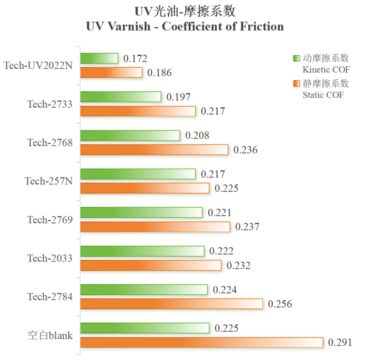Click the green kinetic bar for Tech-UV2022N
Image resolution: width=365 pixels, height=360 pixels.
[x=99, y=58]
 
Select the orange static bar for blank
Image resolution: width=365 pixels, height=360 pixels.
[x=201, y=342]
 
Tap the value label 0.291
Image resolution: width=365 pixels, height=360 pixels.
[x=340, y=342]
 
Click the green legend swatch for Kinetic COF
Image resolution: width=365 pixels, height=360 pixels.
[x=296, y=58]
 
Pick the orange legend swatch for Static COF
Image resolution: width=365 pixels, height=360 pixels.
[x=296, y=83]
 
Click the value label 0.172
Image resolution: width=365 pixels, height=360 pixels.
[x=135, y=58]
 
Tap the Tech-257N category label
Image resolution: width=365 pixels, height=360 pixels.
[x=48, y=181]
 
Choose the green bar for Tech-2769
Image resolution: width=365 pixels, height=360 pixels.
[x=141, y=212]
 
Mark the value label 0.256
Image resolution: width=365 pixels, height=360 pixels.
[x=280, y=304]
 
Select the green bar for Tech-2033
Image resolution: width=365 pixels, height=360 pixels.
[x=142, y=251]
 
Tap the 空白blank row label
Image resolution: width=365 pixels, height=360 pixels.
[x=50, y=335]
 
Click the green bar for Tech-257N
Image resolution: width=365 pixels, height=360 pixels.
[x=138, y=174]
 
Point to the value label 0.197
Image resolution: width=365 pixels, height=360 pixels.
[x=178, y=97]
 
